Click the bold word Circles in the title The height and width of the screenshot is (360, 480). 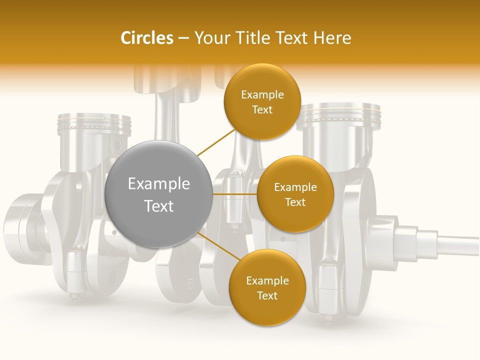147,38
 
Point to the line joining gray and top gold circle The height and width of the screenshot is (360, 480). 216,142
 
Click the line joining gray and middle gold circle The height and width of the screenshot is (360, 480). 234,194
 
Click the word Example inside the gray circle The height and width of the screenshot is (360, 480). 159,184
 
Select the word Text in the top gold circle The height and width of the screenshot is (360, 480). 262,110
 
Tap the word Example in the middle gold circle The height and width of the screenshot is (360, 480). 295,187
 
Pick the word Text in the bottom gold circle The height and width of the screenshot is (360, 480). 267,295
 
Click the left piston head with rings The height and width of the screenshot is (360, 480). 94,125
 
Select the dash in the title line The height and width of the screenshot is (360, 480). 183,38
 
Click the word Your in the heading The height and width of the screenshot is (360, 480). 210,38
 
